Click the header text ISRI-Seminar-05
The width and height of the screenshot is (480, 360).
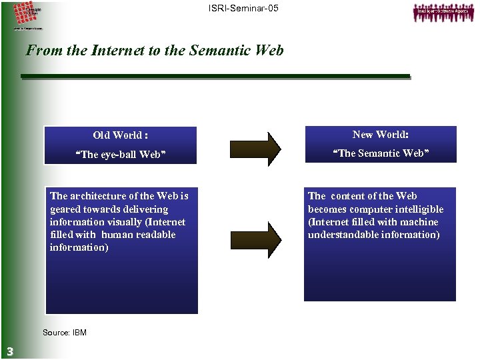coord(243,8)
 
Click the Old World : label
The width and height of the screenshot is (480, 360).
coord(121,135)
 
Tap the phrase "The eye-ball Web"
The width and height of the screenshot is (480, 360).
coord(121,155)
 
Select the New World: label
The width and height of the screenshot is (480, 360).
coord(381,135)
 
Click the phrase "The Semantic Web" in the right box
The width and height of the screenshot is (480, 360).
coord(381,154)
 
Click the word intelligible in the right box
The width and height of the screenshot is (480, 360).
coord(419,209)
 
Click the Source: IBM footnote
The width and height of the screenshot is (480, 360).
coord(65,333)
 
